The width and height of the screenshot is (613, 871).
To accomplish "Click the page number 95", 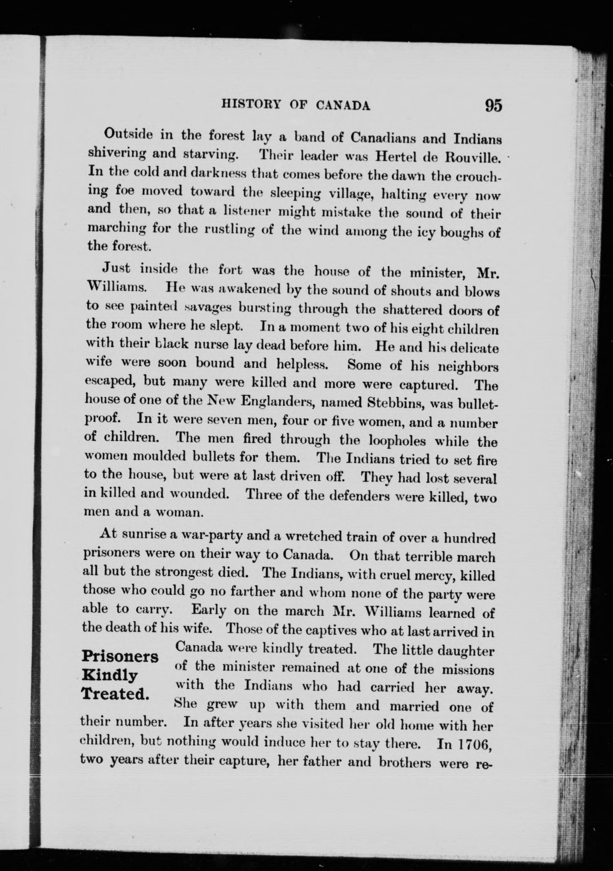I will [493, 105].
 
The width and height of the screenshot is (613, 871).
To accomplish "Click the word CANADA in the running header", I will [343, 105].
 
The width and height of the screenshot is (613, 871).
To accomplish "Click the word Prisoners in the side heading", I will [120, 656].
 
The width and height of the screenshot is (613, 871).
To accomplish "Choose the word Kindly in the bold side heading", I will [110, 675].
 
